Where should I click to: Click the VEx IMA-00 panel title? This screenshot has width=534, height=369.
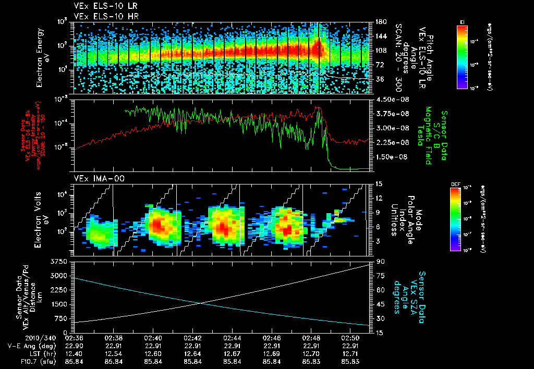(x=94, y=179)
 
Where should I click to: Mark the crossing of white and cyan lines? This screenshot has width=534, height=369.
(x=201, y=303)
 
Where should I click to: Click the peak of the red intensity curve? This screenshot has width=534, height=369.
(x=319, y=107)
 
